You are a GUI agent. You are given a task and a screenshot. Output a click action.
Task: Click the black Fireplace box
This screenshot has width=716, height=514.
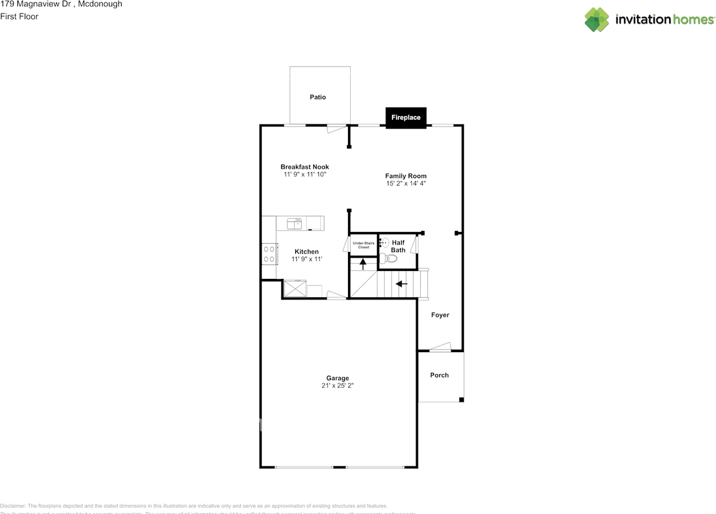pyautogui.click(x=406, y=118)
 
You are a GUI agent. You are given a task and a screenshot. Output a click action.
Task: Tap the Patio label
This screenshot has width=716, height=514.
pyautogui.click(x=318, y=97)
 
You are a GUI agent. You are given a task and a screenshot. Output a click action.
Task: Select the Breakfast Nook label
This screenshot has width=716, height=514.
pyautogui.click(x=305, y=167)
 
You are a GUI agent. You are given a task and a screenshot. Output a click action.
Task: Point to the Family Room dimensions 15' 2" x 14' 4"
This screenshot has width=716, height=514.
pyautogui.click(x=406, y=184)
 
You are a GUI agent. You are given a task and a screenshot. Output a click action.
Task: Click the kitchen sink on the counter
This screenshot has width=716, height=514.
pyautogui.click(x=294, y=223)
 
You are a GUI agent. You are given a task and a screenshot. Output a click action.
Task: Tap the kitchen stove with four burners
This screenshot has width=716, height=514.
pyautogui.click(x=269, y=254)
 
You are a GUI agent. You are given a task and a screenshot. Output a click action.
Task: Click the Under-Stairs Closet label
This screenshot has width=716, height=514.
pyautogui.click(x=364, y=245)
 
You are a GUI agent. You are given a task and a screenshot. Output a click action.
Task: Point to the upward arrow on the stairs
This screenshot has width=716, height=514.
pyautogui.click(x=363, y=263)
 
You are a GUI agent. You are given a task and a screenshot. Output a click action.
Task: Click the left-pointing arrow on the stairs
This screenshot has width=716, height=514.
pyautogui.click(x=402, y=284)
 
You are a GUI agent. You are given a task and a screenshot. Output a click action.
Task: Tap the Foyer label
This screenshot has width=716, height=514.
pyautogui.click(x=440, y=315)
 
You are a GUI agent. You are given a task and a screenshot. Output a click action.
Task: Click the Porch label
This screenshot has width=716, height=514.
pyautogui.click(x=439, y=375)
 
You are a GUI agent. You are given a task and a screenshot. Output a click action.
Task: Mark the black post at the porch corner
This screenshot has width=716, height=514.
pyautogui.click(x=461, y=399)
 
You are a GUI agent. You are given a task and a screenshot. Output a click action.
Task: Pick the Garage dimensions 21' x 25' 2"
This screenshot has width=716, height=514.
pyautogui.click(x=338, y=386)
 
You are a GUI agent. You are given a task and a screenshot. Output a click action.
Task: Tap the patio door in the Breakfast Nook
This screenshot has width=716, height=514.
pyautogui.click(x=336, y=128)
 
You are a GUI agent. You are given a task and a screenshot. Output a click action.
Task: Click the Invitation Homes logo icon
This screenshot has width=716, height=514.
pyautogui.click(x=597, y=20)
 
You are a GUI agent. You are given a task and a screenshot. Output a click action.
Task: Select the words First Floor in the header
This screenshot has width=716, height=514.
pyautogui.click(x=19, y=17)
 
